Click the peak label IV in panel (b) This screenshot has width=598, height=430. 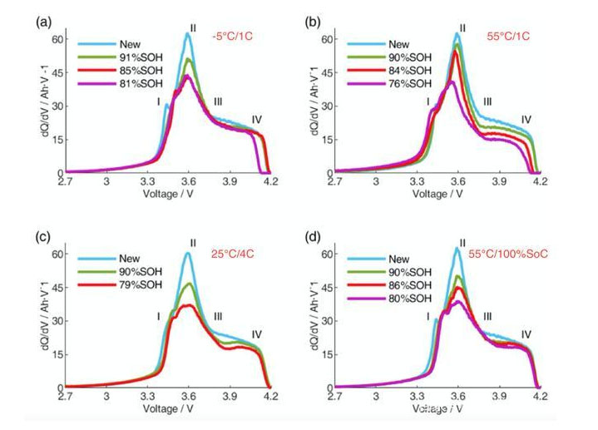[526, 120]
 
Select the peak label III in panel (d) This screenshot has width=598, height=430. [487, 316]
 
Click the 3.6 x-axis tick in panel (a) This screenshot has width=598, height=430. [189, 183]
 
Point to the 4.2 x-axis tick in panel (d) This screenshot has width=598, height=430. [540, 398]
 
